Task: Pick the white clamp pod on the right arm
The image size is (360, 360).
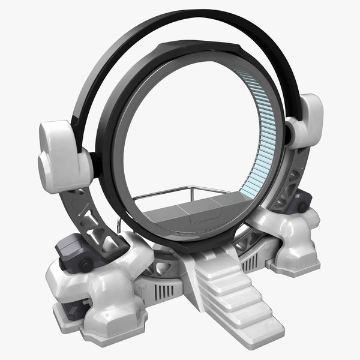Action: pyautogui.click(x=306, y=120)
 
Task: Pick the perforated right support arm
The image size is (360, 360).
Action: pyautogui.click(x=289, y=180)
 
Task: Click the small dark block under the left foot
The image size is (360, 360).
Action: pyautogui.click(x=71, y=309)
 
